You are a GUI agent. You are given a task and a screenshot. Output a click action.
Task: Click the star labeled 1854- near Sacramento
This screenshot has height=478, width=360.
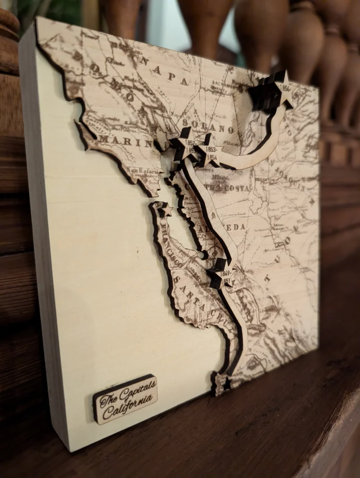(283, 92)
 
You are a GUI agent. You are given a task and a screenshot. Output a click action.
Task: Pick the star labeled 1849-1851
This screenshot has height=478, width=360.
(225, 273)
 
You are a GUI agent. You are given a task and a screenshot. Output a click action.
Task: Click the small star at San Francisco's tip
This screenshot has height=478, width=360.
(166, 209)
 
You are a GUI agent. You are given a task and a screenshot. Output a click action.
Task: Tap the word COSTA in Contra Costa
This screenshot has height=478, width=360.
(238, 188)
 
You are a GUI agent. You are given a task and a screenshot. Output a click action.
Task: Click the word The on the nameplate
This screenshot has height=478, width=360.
(108, 398)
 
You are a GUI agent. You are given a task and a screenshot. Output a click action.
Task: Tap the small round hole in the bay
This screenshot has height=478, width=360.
(203, 255)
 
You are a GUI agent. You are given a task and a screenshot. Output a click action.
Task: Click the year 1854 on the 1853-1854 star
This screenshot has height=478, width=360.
(211, 157)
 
